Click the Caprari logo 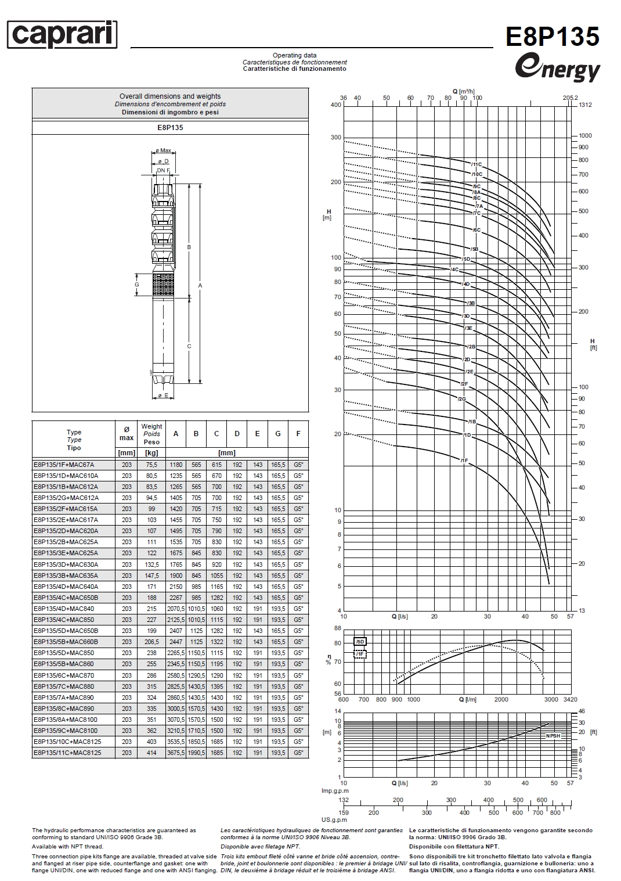[x=62, y=35]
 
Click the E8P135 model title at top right [x=552, y=37]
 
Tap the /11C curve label [x=476, y=164]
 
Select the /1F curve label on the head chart [x=464, y=460]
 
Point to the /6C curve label [x=476, y=230]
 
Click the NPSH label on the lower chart [x=553, y=736]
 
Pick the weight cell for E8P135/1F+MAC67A [x=151, y=465]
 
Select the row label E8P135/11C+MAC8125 [x=67, y=753]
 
